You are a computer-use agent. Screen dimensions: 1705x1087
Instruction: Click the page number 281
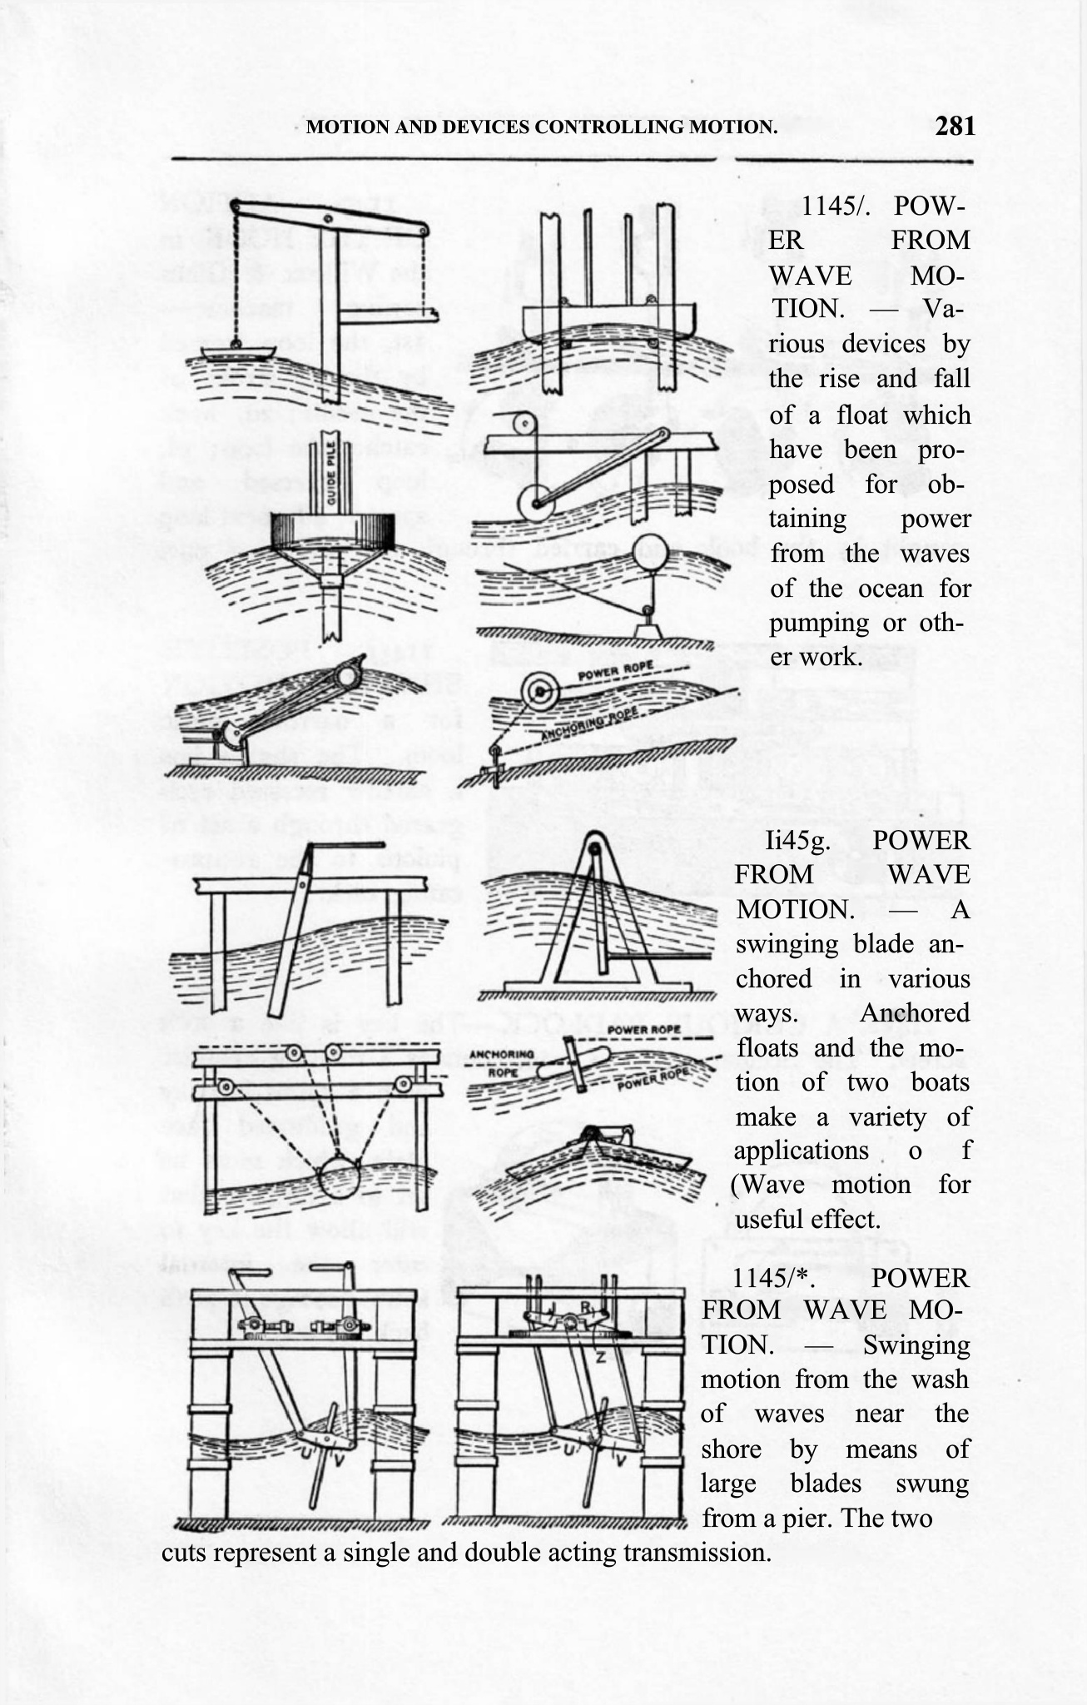tap(954, 127)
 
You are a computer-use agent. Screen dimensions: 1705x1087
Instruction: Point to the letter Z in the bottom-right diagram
tap(599, 1357)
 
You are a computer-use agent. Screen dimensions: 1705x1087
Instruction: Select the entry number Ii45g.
tap(797, 841)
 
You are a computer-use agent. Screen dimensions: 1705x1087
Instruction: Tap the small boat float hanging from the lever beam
tap(236, 351)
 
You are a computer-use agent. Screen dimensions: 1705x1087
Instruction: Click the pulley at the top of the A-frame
tap(593, 849)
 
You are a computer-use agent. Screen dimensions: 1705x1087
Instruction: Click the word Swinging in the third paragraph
tap(916, 1345)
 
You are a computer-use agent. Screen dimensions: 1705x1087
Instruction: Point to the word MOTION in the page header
tap(339, 127)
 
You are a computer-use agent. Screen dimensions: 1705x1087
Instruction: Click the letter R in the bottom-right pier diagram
tap(585, 1308)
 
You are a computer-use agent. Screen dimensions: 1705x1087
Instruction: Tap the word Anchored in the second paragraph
tap(914, 1013)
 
